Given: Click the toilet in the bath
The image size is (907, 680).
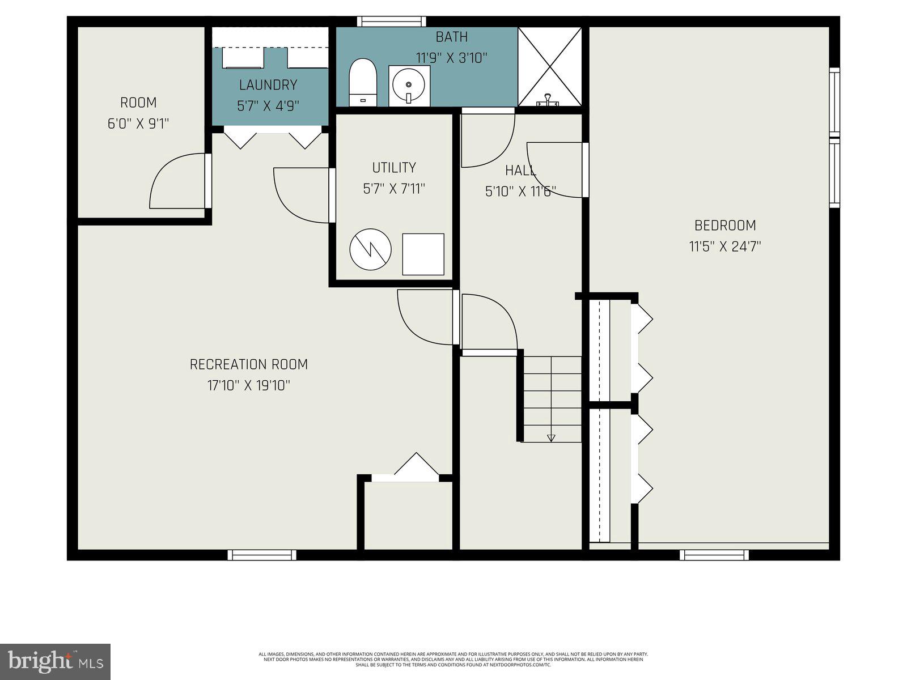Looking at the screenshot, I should tap(363, 82).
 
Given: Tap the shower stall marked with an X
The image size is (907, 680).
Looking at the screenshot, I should tap(549, 66).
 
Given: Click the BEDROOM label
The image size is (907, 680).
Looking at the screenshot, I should tap(725, 226).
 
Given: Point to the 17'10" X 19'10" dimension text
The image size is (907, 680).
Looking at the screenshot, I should tap(249, 386).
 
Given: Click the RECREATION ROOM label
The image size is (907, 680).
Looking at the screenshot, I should tap(249, 364).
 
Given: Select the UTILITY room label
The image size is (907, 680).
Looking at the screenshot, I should tap(394, 168).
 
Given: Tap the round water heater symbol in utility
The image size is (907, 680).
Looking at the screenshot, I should tap(370, 250).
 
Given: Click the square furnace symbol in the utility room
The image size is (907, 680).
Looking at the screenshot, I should tap(423, 254).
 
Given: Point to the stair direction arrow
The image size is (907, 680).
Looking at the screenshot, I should tap(551, 437).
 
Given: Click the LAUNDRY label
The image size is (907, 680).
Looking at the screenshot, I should tap(268, 85).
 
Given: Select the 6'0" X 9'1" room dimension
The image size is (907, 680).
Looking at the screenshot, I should tap(139, 124).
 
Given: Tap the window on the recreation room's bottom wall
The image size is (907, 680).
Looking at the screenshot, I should tap(262, 555).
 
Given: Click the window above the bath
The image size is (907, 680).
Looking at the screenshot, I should tap(391, 22).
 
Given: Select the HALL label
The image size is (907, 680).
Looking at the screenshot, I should tap(520, 170).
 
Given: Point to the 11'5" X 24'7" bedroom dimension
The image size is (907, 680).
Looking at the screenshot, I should tap(725, 246).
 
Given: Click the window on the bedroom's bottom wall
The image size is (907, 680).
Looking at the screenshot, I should tap(714, 555).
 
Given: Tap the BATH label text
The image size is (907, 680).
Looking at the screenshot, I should tap(452, 37).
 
